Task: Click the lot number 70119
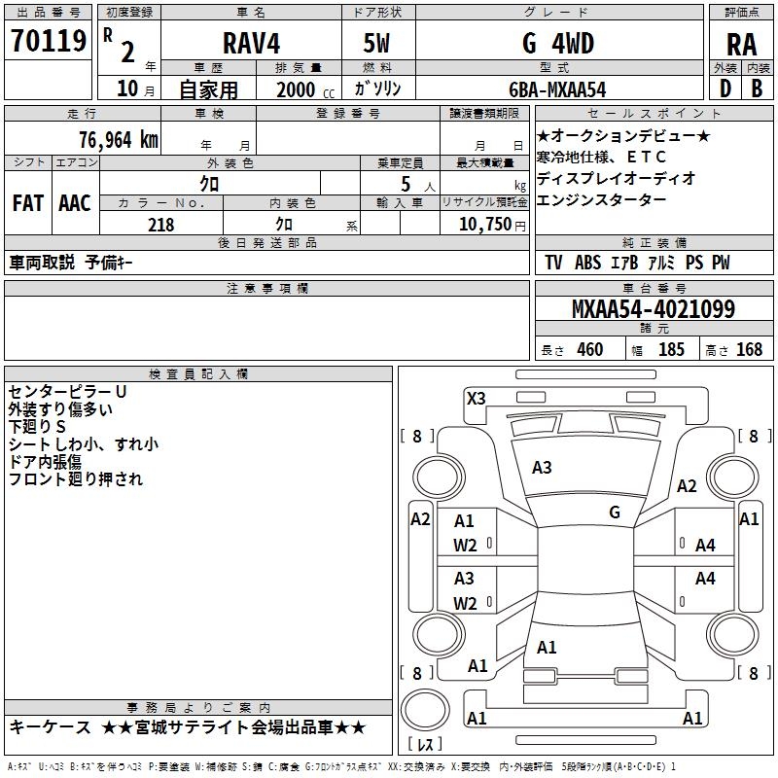tap(49, 41)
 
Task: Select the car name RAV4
tap(252, 43)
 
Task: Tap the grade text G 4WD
tap(558, 43)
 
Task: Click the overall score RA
tap(741, 45)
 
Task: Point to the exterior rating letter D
tap(725, 88)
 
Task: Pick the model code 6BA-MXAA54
tap(557, 89)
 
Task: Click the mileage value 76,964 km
tap(119, 140)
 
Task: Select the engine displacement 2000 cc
tap(305, 89)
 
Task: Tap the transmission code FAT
tap(28, 203)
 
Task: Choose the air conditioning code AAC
tap(75, 203)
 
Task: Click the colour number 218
tap(160, 225)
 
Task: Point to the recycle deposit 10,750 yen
tap(492, 225)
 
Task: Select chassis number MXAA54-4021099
tap(653, 309)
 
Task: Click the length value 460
tap(590, 349)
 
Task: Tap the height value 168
tap(749, 349)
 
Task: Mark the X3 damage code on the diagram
tap(476, 399)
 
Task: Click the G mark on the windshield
tap(615, 513)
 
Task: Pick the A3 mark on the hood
tap(542, 468)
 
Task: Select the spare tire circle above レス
tap(425, 709)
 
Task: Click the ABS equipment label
tap(587, 263)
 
